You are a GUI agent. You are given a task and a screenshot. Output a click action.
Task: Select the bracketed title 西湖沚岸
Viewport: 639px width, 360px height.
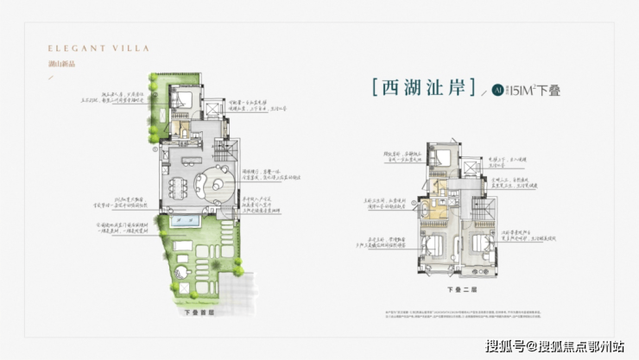422,88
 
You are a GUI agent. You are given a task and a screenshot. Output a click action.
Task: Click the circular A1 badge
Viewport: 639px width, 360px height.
498,89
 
